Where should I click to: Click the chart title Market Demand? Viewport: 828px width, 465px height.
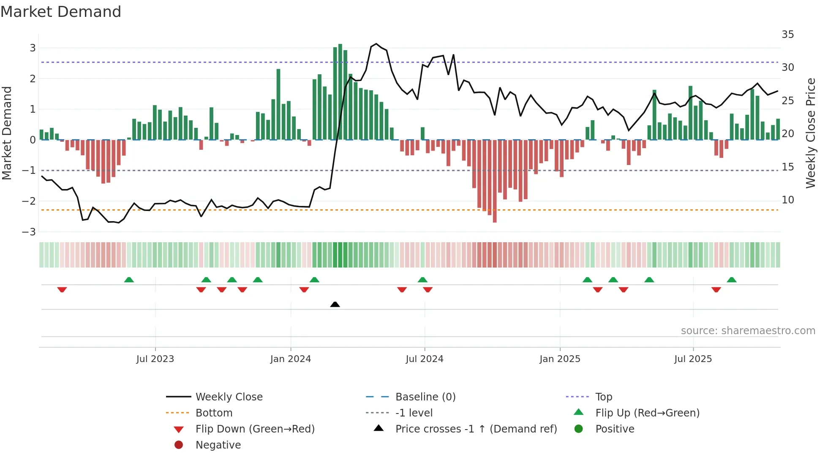61,12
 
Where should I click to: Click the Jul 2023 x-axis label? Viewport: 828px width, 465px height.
155,359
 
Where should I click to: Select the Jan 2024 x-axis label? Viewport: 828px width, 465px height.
291,359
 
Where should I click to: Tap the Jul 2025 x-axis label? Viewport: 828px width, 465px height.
693,359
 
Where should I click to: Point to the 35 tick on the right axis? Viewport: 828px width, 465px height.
787,35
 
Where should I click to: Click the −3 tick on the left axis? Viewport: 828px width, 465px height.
29,232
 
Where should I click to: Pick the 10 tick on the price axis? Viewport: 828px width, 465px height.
787,200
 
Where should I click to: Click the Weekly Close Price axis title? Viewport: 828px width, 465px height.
810,133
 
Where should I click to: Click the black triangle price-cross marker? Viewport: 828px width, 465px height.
335,304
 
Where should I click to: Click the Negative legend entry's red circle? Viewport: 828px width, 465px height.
179,445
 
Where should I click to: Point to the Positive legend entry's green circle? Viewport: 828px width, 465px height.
579,429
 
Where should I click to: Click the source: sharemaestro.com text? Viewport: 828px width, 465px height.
748,331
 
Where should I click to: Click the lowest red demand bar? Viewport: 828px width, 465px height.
495,181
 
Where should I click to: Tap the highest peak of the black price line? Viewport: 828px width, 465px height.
376,43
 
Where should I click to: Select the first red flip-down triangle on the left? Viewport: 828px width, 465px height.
62,289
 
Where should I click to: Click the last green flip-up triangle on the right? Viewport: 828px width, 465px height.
732,280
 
